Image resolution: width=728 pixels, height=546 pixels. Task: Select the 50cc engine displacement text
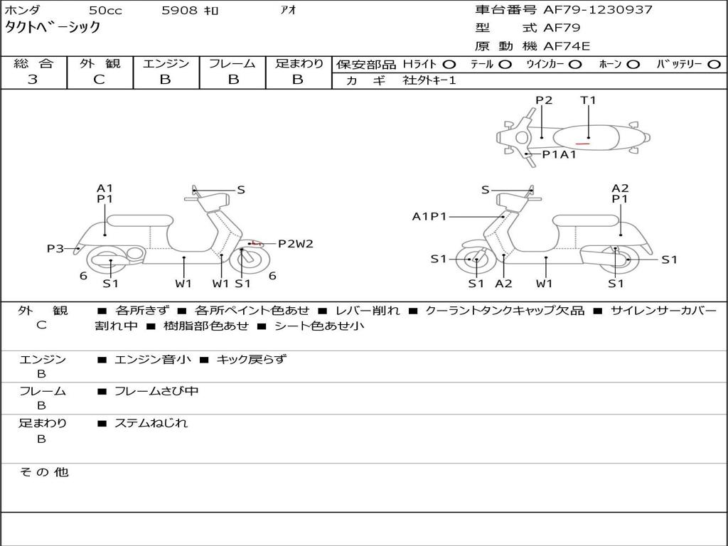click(x=105, y=11)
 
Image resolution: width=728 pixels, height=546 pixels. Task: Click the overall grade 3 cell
click(x=33, y=80)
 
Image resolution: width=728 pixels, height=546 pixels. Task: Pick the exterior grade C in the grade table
click(x=99, y=80)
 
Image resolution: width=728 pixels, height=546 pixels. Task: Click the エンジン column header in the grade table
click(x=166, y=64)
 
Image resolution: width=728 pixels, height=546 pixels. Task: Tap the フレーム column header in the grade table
click(x=232, y=64)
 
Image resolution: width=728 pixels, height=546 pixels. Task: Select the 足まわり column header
click(x=299, y=64)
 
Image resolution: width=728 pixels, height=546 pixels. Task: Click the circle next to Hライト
click(x=449, y=65)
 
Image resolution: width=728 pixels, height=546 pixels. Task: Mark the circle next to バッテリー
click(x=714, y=65)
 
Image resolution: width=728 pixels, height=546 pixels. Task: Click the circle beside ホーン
click(x=633, y=65)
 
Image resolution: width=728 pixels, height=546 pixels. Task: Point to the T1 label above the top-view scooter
click(x=588, y=100)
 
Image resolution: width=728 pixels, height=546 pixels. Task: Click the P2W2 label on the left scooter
click(x=295, y=244)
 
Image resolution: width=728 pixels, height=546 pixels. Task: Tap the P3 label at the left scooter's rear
click(x=55, y=248)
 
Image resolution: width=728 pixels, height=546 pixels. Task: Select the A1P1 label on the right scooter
click(x=429, y=217)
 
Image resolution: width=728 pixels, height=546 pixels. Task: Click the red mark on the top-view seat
click(x=583, y=144)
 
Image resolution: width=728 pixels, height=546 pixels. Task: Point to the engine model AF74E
click(x=567, y=46)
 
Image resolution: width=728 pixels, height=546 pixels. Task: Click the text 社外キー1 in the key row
click(x=429, y=80)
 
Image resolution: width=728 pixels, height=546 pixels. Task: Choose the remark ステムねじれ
click(x=151, y=423)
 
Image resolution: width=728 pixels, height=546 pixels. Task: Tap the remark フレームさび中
click(x=156, y=391)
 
